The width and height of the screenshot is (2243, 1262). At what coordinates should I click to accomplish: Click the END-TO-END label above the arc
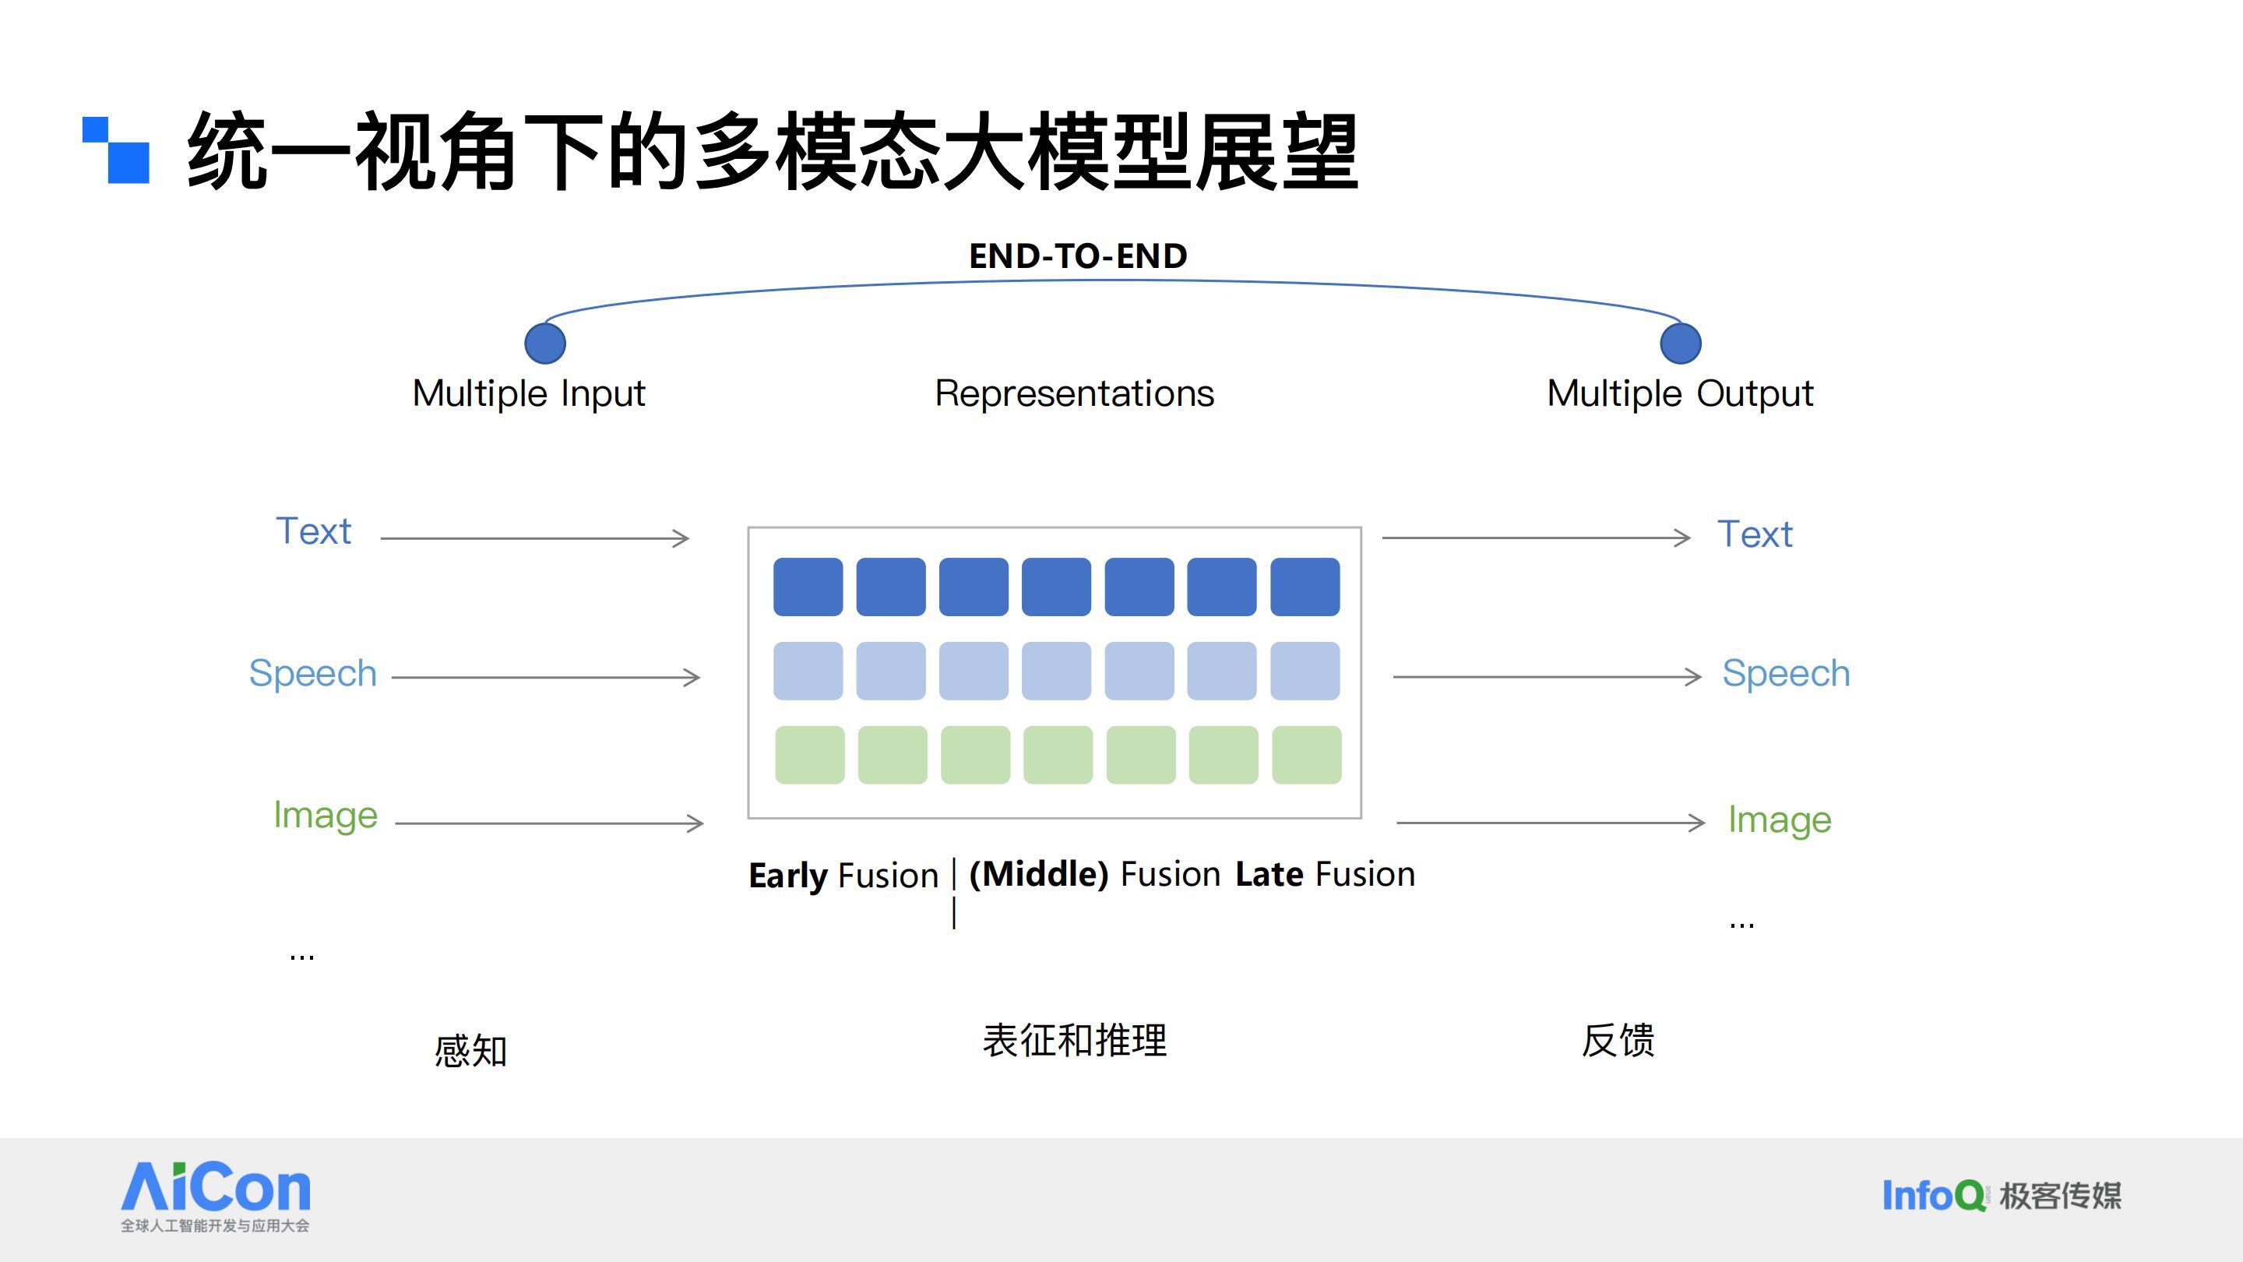1078,256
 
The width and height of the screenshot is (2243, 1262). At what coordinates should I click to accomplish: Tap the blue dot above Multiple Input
545,343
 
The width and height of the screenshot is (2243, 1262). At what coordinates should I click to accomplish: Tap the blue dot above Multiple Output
1681,343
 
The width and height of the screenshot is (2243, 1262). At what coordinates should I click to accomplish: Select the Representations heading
1075,393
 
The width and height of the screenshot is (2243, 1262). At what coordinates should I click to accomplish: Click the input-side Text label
313,531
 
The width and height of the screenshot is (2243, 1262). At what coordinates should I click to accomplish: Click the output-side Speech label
1786,674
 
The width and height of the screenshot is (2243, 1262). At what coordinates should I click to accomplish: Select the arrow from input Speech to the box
546,677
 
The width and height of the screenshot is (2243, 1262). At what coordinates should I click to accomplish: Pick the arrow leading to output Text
1536,538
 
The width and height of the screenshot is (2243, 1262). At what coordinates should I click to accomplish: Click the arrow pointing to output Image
1551,822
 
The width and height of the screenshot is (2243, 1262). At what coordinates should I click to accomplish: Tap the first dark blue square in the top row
808,587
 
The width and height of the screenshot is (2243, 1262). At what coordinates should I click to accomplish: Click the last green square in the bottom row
1306,755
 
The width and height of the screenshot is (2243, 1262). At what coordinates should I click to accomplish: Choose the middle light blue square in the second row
1056,671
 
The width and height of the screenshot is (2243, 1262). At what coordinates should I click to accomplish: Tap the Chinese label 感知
471,1050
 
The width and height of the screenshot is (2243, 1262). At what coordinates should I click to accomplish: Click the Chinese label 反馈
1618,1040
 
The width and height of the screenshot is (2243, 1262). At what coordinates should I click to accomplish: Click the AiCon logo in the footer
215,1197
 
